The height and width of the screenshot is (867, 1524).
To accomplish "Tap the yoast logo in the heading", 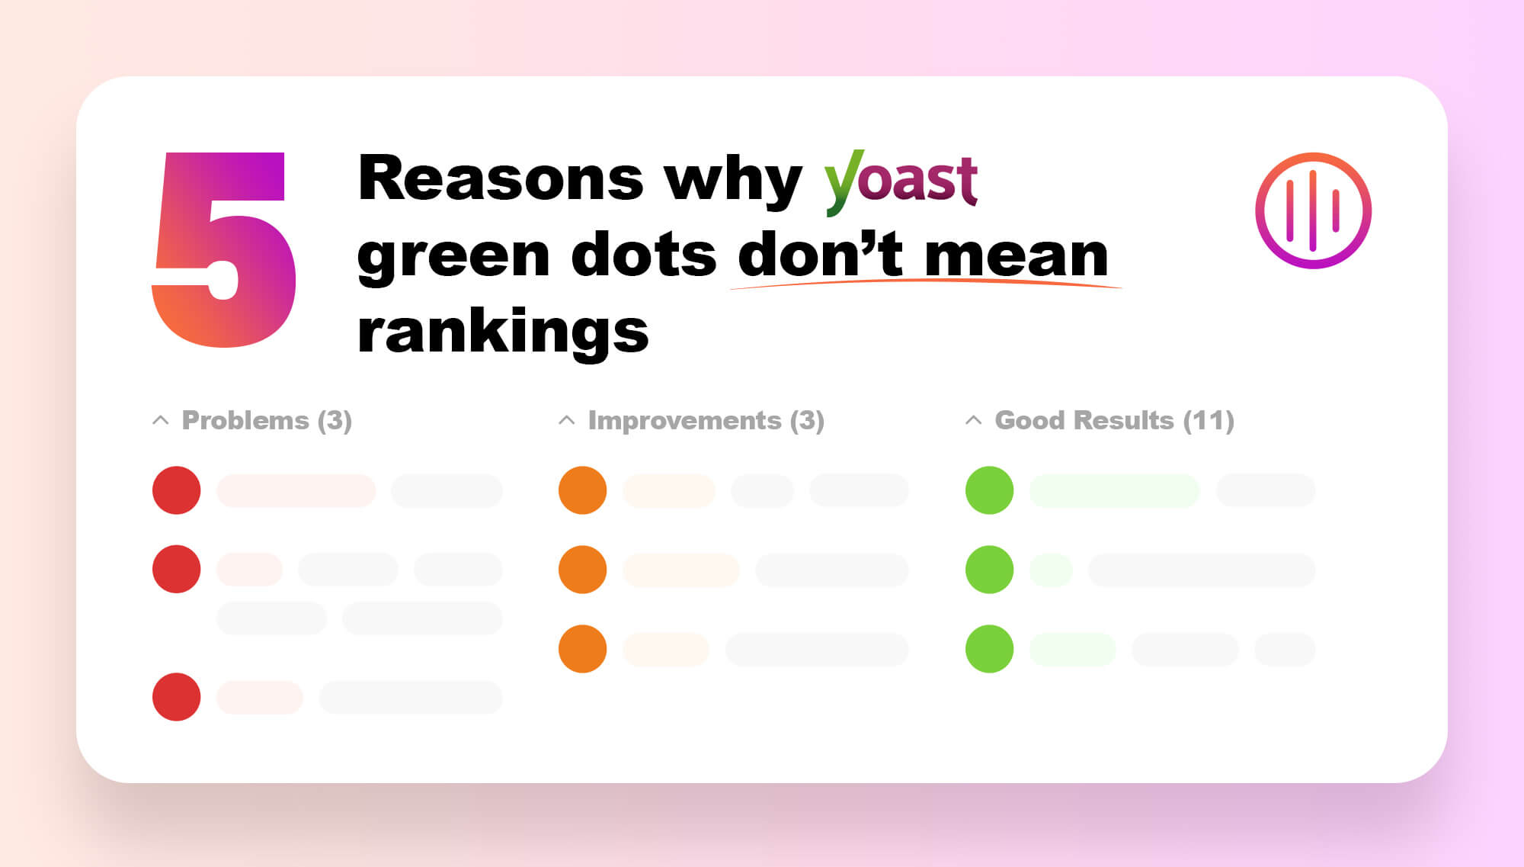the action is [901, 181].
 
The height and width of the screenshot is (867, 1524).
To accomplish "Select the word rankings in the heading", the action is [503, 332].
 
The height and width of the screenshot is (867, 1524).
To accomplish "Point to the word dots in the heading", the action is [644, 255].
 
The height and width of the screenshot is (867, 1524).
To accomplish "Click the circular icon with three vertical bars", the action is [1313, 210].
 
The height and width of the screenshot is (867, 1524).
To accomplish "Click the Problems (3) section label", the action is [267, 420].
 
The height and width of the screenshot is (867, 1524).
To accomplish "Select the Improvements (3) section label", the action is [706, 420].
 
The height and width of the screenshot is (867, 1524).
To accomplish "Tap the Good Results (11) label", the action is [1114, 420].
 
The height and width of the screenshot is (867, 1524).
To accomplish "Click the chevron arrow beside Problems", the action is [160, 420].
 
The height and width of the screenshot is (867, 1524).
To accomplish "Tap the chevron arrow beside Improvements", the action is [566, 420].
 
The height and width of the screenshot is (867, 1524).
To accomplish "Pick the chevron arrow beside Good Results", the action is [973, 420].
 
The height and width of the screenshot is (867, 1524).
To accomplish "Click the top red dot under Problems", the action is [176, 490].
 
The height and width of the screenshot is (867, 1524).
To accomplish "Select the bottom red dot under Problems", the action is [176, 697].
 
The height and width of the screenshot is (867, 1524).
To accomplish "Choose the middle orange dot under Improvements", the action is [582, 570].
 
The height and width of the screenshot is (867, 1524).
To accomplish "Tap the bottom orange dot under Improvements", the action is [582, 649].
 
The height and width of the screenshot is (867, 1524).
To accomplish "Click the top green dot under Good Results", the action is [989, 490].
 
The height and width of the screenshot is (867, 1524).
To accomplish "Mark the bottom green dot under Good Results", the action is [989, 649].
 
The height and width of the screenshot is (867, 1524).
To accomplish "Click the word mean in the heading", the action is [1017, 256].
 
